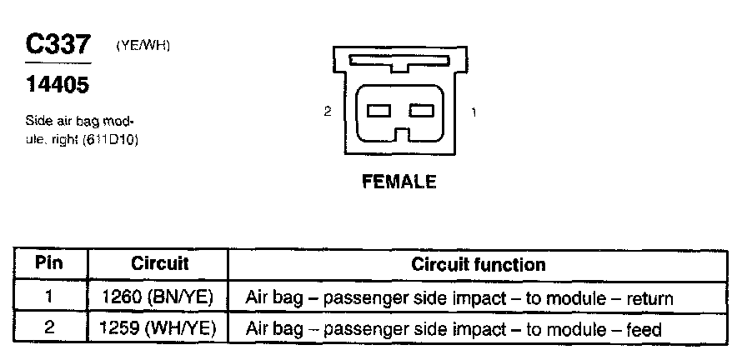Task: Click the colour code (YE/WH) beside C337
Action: (143, 47)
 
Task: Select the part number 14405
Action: (56, 84)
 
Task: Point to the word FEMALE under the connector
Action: (399, 182)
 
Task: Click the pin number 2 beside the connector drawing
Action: (328, 111)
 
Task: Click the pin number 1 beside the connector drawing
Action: (474, 111)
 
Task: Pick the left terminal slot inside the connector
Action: (379, 111)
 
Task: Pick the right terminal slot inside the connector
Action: (422, 111)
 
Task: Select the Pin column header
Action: (49, 264)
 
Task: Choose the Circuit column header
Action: (160, 264)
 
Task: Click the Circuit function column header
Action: (478, 265)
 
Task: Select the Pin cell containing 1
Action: (49, 297)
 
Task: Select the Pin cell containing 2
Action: (49, 328)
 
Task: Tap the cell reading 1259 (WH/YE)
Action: (160, 329)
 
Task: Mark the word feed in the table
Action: (642, 330)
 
